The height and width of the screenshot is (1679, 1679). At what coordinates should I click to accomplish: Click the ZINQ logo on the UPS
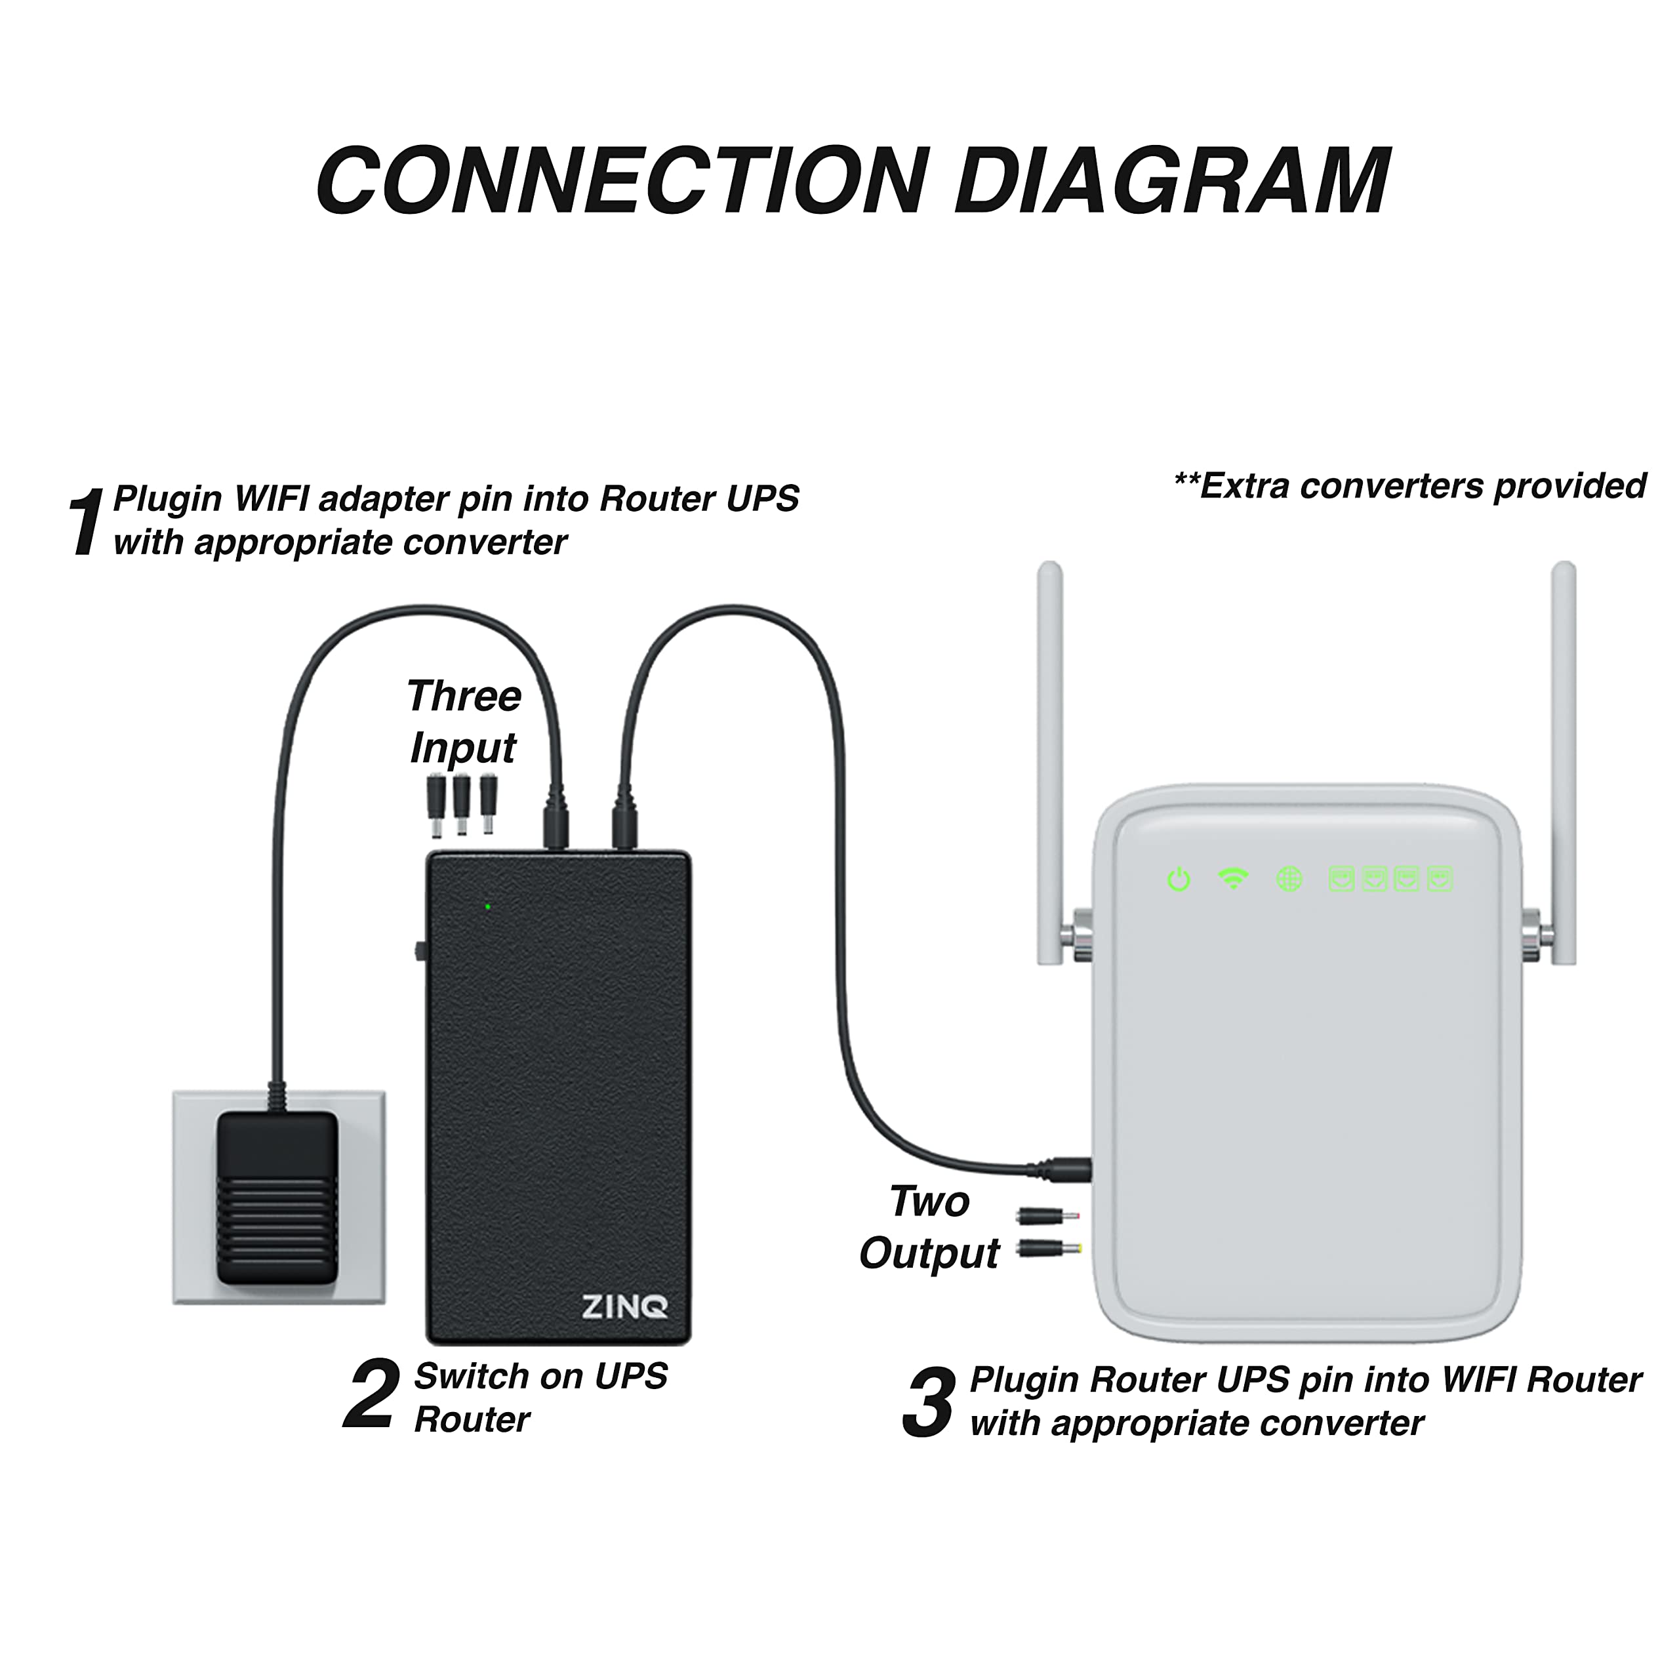coord(624,1306)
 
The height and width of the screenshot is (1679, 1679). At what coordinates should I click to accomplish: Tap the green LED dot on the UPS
coord(487,906)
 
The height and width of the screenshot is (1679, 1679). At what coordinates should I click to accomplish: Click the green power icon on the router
coord(1179,880)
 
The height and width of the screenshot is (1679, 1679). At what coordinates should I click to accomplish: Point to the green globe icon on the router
coord(1289,880)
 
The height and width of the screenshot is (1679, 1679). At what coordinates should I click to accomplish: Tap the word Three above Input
coord(463,696)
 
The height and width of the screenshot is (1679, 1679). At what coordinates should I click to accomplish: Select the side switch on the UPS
coord(420,951)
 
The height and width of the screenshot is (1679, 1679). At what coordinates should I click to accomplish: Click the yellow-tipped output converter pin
coord(1049,1249)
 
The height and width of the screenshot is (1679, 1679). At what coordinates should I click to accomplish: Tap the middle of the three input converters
coord(462,804)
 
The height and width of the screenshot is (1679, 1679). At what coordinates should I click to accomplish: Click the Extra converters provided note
coord(1409,486)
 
